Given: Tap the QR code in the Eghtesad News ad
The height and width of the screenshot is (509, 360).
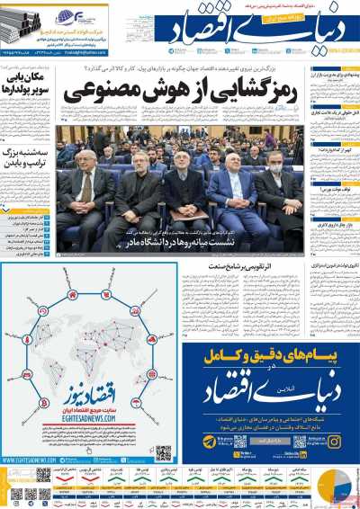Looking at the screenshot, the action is pyautogui.click(x=163, y=452).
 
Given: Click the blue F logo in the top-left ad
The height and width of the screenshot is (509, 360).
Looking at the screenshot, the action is pyautogui.click(x=67, y=15).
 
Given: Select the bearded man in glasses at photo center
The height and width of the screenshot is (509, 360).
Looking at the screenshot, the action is pyautogui.click(x=184, y=196).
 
